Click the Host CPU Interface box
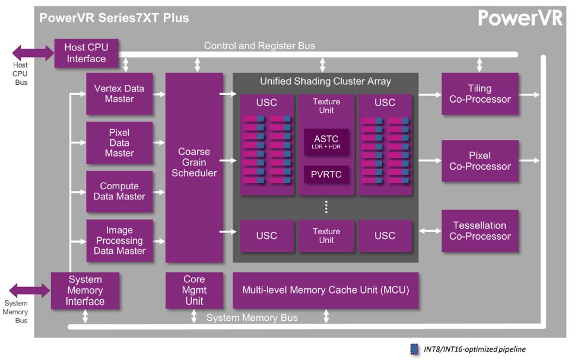tap(86, 53)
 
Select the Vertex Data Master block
tap(119, 94)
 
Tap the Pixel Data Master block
tap(119, 143)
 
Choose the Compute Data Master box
tap(119, 192)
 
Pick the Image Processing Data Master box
tap(119, 241)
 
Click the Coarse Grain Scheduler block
tap(194, 168)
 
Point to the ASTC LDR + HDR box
tap(326, 142)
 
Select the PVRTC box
tap(326, 174)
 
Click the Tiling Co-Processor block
tap(480, 94)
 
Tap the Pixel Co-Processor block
tap(480, 161)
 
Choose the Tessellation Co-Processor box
tap(480, 231)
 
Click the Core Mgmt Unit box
tap(194, 291)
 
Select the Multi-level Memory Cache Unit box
tap(325, 291)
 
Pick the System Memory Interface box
tap(85, 291)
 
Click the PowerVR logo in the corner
tap(520, 18)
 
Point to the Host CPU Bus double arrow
tap(33, 53)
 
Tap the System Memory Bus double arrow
tap(30, 291)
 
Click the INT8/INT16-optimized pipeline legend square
tap(414, 349)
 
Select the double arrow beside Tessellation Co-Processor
tap(430, 231)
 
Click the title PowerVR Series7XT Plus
tap(115, 18)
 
